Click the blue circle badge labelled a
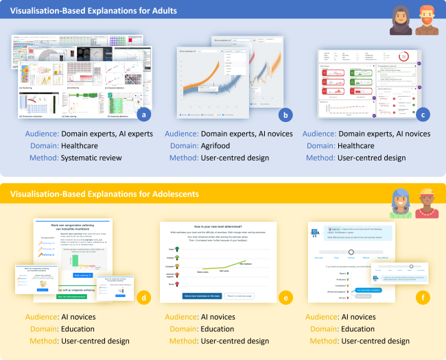pyautogui.click(x=143, y=115)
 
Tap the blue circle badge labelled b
pyautogui.click(x=285, y=115)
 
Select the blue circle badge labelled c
pyautogui.click(x=425, y=115)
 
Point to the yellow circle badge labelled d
pyautogui.click(x=143, y=298)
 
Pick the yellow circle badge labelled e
pyautogui.click(x=285, y=298)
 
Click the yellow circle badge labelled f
pyautogui.click(x=425, y=298)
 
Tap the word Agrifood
pyautogui.click(x=219, y=145)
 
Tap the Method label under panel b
pyautogui.click(x=181, y=157)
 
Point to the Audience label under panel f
pyautogui.click(x=320, y=317)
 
